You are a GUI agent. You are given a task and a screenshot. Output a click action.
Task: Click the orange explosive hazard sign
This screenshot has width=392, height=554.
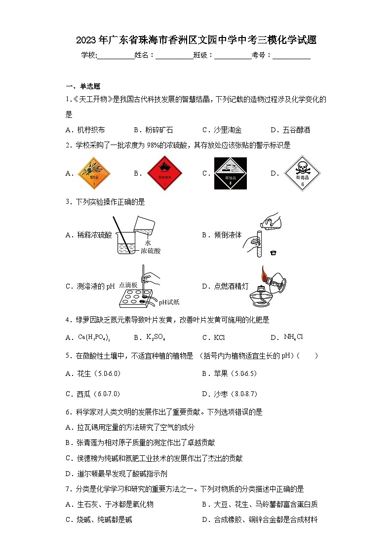[x=94, y=174]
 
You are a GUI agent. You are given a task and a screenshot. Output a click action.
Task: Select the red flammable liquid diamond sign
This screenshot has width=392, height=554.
[x=164, y=174]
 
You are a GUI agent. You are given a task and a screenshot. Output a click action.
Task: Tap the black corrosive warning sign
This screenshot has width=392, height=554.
[x=230, y=173]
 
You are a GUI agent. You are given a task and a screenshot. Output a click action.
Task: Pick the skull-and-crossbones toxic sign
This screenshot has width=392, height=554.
[x=302, y=174]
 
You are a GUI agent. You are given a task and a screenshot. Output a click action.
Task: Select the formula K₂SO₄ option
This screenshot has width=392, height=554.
[x=156, y=337]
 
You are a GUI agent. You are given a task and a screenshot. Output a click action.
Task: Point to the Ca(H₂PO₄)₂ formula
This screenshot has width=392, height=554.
[x=94, y=337]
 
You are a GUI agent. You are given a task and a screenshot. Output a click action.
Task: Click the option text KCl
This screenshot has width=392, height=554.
[x=219, y=338]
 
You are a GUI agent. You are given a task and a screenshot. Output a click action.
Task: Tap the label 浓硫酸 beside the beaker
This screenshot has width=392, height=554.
[x=151, y=251]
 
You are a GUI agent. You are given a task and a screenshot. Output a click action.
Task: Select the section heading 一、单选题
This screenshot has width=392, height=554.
[x=83, y=86]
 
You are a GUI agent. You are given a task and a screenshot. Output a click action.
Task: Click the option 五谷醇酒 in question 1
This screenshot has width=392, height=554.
[x=297, y=130]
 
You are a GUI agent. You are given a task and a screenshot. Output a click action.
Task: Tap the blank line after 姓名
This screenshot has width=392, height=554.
[x=174, y=56]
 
